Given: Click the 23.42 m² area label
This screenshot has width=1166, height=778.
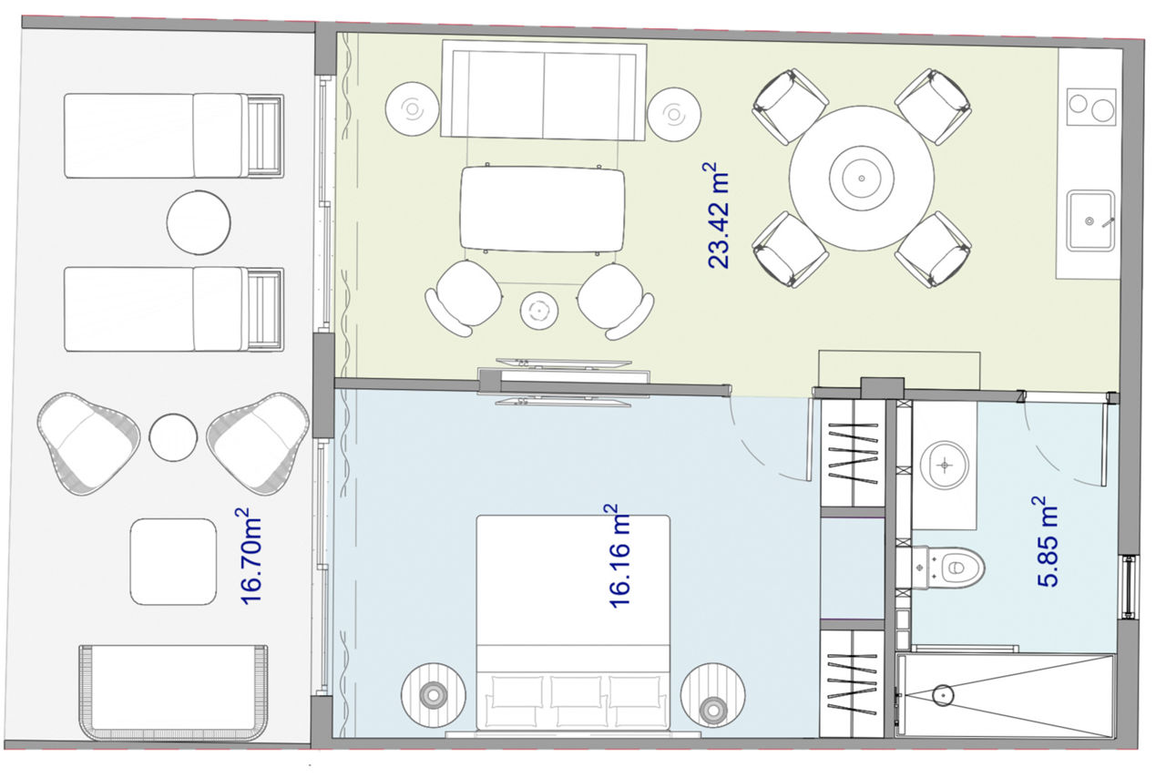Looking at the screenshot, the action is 718,215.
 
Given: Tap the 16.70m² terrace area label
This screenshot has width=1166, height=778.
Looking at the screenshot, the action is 251,556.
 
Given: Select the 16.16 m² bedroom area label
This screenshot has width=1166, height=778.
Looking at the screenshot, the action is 619,556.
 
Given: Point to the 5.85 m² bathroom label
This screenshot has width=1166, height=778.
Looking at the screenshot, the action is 1048,540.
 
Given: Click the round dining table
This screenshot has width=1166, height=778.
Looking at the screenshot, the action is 862,178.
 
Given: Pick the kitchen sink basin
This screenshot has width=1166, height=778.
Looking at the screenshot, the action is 1090,220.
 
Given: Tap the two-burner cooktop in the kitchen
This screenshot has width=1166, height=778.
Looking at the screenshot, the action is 1091,107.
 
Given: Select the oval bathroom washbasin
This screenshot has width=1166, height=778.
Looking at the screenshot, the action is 945,465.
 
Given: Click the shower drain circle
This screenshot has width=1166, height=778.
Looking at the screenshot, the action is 943,695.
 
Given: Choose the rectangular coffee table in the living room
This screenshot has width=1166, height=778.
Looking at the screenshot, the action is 542,209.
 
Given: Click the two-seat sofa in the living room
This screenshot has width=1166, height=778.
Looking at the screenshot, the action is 544,92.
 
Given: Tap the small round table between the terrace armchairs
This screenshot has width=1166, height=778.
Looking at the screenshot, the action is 173,437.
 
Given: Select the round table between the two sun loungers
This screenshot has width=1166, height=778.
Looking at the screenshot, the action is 199,223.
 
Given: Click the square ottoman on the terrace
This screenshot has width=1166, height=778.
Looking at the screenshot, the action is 173,561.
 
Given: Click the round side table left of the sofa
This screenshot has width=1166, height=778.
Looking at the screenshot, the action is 413,109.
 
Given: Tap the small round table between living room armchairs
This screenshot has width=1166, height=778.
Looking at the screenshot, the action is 539,311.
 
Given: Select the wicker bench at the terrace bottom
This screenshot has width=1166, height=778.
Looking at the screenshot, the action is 173,692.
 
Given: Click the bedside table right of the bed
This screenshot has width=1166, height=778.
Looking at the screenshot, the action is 712,695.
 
